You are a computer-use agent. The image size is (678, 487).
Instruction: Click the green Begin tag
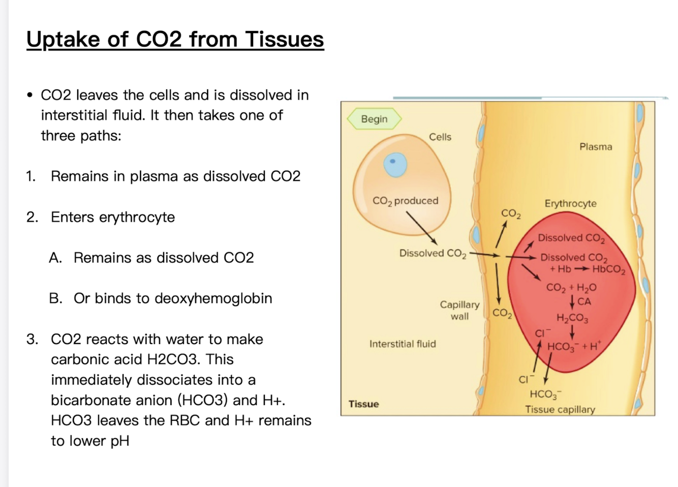click(374, 119)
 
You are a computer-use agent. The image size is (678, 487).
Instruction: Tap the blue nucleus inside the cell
click(395, 164)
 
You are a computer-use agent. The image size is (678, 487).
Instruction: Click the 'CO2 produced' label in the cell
click(405, 201)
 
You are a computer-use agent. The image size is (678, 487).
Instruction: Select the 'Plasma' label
click(596, 147)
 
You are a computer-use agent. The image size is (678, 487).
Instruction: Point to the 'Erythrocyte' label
click(570, 203)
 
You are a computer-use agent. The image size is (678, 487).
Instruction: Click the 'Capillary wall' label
click(459, 310)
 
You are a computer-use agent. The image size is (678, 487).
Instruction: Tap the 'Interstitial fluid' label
click(403, 344)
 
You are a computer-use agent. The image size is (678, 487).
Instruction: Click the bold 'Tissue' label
click(363, 404)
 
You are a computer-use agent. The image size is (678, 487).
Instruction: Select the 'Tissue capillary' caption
click(560, 409)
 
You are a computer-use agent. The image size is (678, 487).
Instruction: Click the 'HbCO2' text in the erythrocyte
click(608, 269)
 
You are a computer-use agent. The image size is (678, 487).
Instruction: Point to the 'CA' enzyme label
click(584, 301)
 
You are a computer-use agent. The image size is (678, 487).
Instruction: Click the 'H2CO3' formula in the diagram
click(572, 319)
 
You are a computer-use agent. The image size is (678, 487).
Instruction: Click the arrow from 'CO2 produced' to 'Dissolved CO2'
click(421, 228)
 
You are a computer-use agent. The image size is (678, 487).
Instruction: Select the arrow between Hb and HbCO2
click(581, 269)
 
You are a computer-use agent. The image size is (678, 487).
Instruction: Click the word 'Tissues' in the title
click(284, 39)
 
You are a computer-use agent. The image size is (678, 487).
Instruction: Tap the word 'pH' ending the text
click(119, 441)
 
